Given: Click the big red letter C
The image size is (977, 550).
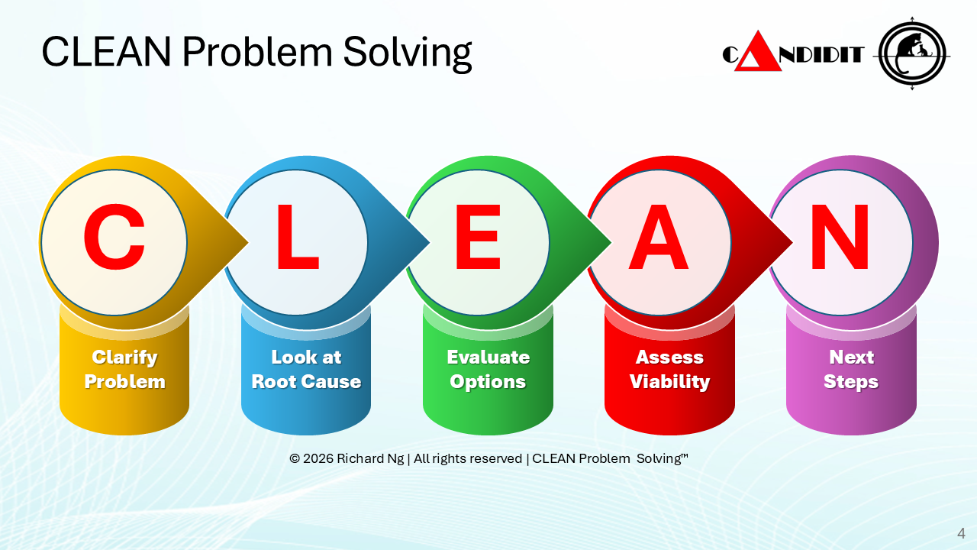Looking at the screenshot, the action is (x=114, y=237).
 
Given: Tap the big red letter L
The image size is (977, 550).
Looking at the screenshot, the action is (x=298, y=237).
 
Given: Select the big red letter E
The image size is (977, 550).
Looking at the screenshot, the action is (x=478, y=237).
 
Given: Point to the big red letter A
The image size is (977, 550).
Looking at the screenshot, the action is (x=659, y=237).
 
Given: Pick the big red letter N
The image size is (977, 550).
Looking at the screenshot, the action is (x=840, y=237).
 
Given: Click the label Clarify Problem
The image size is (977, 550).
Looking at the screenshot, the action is (x=124, y=369).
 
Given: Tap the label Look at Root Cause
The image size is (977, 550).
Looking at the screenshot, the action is (x=306, y=369).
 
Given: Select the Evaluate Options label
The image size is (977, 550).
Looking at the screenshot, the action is (x=488, y=369).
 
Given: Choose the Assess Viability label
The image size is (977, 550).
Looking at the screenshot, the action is (x=669, y=369).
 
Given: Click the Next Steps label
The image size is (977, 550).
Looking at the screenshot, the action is (x=851, y=369).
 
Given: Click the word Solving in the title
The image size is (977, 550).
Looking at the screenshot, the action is (x=408, y=53).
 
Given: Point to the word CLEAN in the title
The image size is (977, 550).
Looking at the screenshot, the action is (x=106, y=51).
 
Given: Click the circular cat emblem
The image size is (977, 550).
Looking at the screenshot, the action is (x=911, y=54).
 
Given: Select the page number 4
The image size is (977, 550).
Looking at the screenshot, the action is (x=961, y=533).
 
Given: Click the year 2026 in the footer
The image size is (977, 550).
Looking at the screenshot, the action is (x=318, y=458).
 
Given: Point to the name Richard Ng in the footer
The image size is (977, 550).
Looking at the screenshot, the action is (x=370, y=459).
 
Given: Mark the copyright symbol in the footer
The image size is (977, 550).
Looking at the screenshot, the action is (x=295, y=458).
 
